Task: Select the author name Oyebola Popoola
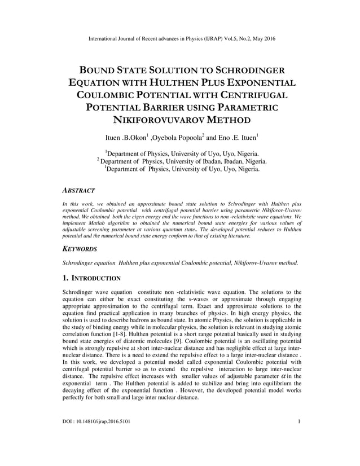point(177,137)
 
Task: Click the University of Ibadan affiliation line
point(182,161)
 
